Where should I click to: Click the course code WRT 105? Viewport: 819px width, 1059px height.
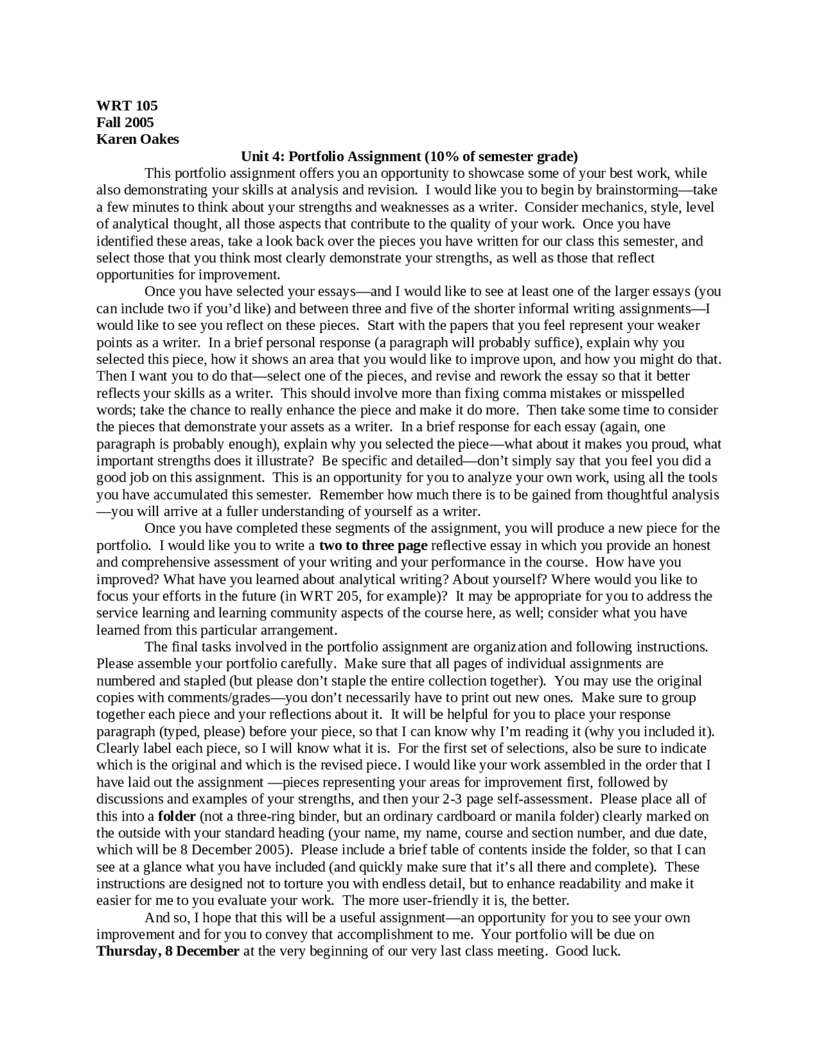pyautogui.click(x=127, y=106)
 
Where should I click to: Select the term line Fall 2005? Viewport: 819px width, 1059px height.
pyautogui.click(x=125, y=122)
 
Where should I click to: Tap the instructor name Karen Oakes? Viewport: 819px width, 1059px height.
pyautogui.click(x=138, y=139)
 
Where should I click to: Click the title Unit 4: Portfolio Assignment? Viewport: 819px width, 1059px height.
pyautogui.click(x=330, y=157)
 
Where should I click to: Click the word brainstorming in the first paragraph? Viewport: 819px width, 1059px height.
pyautogui.click(x=640, y=190)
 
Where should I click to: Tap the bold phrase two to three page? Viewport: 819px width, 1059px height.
pyautogui.click(x=373, y=545)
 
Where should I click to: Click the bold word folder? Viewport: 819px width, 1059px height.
pyautogui.click(x=177, y=816)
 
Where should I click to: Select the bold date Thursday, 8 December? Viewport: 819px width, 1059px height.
pyautogui.click(x=168, y=951)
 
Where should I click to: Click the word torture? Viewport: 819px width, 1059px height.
pyautogui.click(x=302, y=884)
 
